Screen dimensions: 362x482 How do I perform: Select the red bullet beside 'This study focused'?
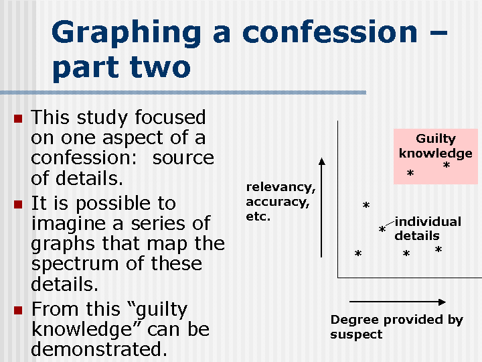tap(18, 119)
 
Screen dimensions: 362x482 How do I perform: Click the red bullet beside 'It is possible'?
tap(18, 204)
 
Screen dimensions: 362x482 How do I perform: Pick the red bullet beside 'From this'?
tap(18, 310)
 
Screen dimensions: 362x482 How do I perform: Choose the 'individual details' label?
tap(427, 229)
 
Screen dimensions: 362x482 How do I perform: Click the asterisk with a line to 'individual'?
tap(382, 231)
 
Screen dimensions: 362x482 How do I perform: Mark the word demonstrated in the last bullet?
tap(99, 349)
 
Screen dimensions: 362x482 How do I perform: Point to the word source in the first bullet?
tap(183, 158)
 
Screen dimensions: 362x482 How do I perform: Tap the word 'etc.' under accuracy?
tap(258, 217)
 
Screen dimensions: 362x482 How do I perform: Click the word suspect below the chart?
tap(356, 334)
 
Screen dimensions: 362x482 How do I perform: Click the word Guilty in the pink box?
tap(435, 139)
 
